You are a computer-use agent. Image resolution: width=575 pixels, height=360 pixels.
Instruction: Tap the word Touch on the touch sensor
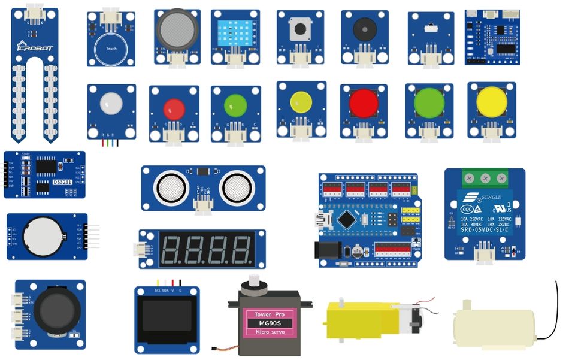click(x=111, y=49)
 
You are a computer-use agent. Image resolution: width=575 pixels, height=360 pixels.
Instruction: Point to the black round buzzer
click(x=364, y=29)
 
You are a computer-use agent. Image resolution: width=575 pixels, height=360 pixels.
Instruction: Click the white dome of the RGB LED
click(x=111, y=104)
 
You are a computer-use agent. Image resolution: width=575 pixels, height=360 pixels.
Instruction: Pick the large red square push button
click(x=364, y=102)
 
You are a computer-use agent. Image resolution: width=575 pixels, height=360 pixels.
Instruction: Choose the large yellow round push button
click(x=492, y=102)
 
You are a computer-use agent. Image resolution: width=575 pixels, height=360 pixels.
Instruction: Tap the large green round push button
click(x=429, y=103)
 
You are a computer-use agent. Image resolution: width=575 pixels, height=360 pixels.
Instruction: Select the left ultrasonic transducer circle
click(x=173, y=187)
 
